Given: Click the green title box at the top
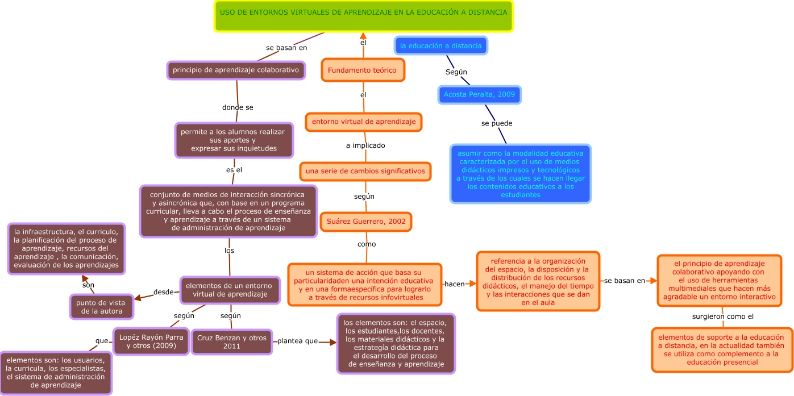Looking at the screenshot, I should click(364, 16).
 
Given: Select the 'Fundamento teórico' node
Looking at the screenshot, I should click(363, 70).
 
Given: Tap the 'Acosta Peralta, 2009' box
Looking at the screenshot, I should click(479, 94).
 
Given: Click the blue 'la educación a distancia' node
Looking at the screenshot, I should click(440, 45).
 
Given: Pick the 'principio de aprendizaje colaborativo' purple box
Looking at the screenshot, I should click(236, 70).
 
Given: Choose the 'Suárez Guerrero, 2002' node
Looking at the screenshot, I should click(366, 222).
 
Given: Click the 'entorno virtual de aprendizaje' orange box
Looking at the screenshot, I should click(364, 122).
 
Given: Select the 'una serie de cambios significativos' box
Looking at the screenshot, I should click(365, 171).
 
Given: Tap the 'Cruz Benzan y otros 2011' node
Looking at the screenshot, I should click(231, 341).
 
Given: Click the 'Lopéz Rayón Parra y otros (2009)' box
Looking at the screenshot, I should click(151, 341).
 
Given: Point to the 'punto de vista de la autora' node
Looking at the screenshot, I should click(101, 307).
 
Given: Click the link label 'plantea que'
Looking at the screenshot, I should click(297, 341).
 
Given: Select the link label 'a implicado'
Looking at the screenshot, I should click(365, 145).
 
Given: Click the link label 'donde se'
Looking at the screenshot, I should click(238, 107).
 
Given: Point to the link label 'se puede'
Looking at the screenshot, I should click(497, 123).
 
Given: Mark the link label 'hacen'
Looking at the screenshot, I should click(454, 284).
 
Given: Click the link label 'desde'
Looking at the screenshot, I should click(163, 292).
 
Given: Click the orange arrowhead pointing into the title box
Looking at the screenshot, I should click(363, 36).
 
